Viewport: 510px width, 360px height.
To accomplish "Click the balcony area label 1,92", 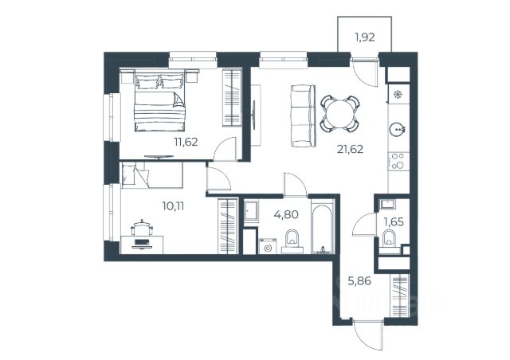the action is [365, 37].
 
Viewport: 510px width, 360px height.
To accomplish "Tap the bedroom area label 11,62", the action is [186, 142].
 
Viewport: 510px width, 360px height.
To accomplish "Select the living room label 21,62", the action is [350, 149].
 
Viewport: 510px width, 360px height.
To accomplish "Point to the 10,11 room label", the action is [173, 205].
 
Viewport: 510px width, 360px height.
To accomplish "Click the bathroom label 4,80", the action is [286, 214].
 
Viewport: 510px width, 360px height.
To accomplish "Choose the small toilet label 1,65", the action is [394, 222].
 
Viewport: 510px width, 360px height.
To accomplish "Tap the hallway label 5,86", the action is [359, 280].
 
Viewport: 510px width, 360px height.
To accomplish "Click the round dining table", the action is [340, 114].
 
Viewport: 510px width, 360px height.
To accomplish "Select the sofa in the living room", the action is [303, 115].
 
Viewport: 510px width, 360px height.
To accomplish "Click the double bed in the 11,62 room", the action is [159, 100].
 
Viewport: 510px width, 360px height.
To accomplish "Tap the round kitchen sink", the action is [397, 129].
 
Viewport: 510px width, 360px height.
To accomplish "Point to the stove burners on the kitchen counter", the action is [398, 161].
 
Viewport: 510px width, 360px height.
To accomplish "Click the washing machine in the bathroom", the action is [268, 246].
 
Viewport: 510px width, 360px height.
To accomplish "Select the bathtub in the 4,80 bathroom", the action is [322, 226].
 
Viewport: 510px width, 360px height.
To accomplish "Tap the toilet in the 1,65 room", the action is [389, 238].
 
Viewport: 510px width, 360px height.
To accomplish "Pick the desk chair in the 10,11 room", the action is [142, 227].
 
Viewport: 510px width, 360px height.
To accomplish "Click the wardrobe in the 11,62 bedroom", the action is [232, 97].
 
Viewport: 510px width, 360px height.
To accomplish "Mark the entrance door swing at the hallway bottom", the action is [367, 335].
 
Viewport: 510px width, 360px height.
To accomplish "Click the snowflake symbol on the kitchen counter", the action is [397, 94].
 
